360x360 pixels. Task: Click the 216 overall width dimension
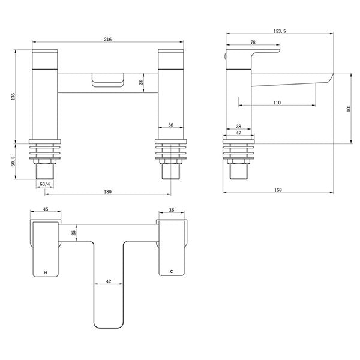tap(107, 39)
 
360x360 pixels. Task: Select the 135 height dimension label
tap(13, 96)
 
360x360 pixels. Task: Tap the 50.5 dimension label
tap(13, 161)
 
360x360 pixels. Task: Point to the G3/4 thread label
tap(45, 184)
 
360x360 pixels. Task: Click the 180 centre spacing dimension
tap(107, 191)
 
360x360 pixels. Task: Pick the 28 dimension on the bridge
tap(141, 82)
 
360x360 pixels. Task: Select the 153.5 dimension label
tap(280, 31)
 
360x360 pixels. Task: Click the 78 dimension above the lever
tap(253, 42)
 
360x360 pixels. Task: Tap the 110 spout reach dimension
tap(277, 103)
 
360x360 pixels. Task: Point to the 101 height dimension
tap(349, 108)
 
